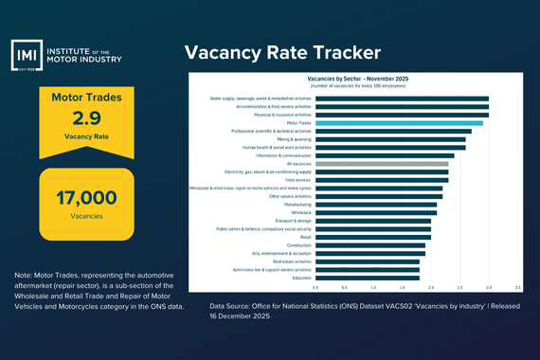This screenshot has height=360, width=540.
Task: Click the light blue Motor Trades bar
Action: click(x=398, y=122)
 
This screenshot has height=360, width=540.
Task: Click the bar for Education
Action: click(x=367, y=278)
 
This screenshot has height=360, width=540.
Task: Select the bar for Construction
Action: click(x=369, y=244)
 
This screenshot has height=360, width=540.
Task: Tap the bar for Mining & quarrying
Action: click(x=389, y=139)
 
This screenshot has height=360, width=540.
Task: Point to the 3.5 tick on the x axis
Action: click(x=517, y=287)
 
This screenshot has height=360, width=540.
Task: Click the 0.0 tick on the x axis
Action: click(x=315, y=287)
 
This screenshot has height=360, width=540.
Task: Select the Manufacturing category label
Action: click(x=298, y=204)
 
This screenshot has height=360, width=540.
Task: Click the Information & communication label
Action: click(x=283, y=155)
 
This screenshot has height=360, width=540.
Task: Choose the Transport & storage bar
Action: click(x=372, y=221)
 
